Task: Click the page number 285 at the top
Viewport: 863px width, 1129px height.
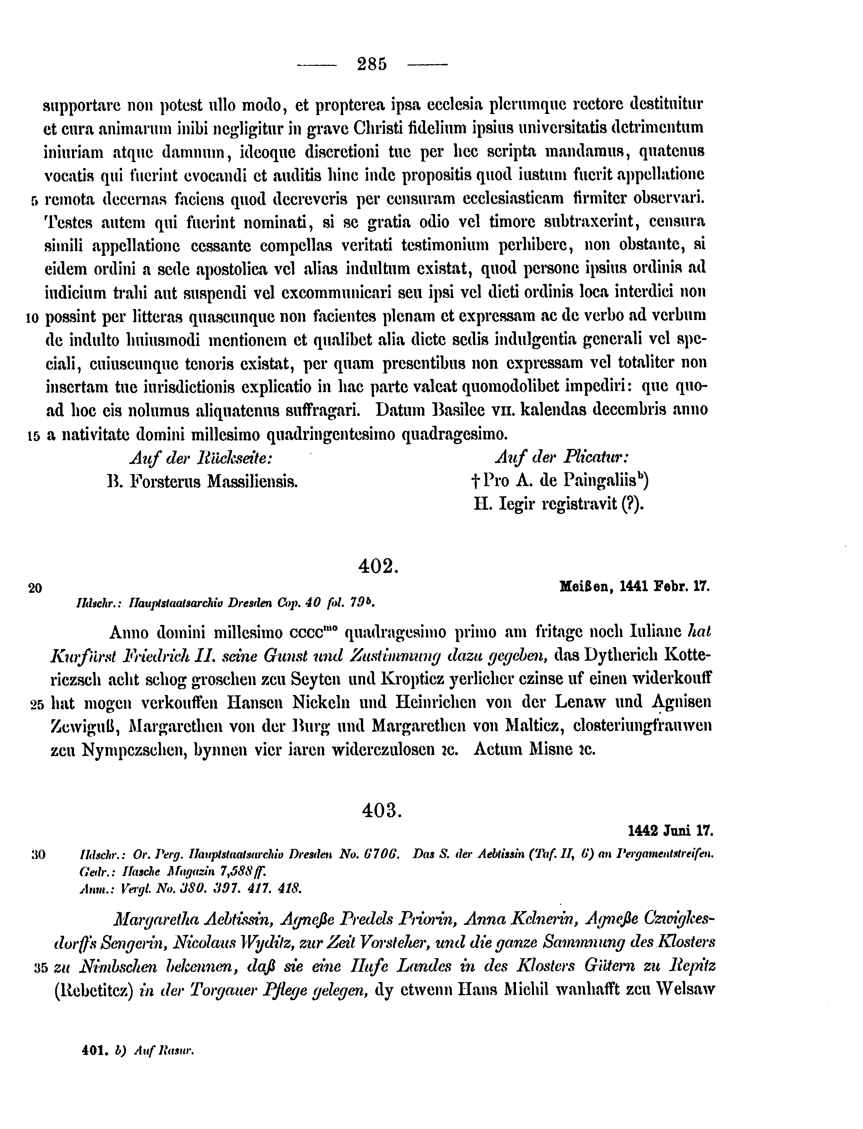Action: pos(372,64)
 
